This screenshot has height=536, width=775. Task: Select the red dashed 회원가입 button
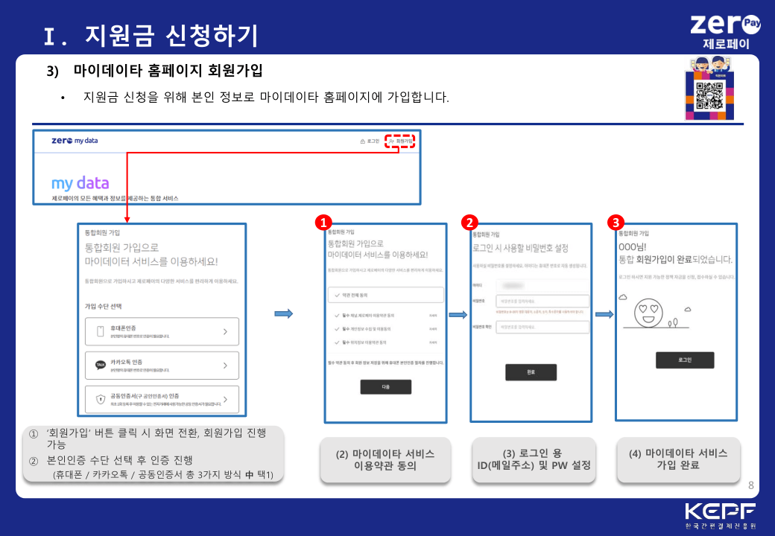coord(400,141)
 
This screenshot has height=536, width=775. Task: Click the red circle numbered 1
coord(323,223)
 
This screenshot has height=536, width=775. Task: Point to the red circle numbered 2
coord(469,223)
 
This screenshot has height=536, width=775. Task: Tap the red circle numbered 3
coord(615,223)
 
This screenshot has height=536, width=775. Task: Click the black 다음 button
coord(385,387)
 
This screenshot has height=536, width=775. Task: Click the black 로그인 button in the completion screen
coord(684,360)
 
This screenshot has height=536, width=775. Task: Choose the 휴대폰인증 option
coord(162,331)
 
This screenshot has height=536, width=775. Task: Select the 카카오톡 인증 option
coord(162,366)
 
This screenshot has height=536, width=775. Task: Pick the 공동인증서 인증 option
coord(162,399)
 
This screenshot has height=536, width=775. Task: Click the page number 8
coord(750,485)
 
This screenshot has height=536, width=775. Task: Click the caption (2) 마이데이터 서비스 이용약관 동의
coord(385,459)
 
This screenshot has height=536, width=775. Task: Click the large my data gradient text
coord(80,182)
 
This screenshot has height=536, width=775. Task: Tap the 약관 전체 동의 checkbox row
coord(385,294)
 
